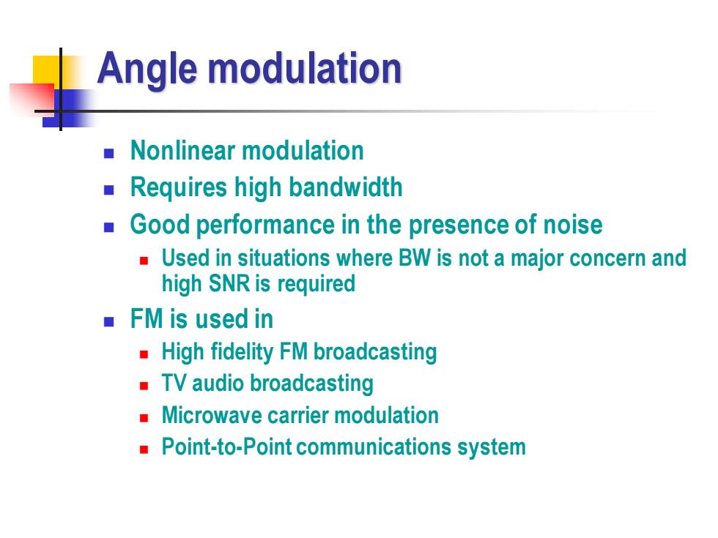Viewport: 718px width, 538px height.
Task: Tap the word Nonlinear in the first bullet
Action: pyautogui.click(x=183, y=151)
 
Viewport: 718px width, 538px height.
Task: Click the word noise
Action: pyautogui.click(x=573, y=225)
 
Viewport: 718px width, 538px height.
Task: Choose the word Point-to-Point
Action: pyautogui.click(x=226, y=447)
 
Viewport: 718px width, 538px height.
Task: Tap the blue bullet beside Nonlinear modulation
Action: pyautogui.click(x=109, y=153)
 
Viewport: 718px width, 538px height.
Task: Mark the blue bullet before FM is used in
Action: pyautogui.click(x=109, y=321)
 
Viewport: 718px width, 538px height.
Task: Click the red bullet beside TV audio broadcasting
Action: pyautogui.click(x=144, y=386)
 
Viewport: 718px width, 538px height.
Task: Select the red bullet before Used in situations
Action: pyautogui.click(x=144, y=261)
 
